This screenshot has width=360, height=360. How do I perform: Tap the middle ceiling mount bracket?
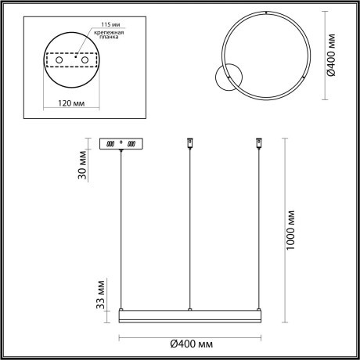[189, 144]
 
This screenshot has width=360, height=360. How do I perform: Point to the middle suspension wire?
[189, 227]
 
